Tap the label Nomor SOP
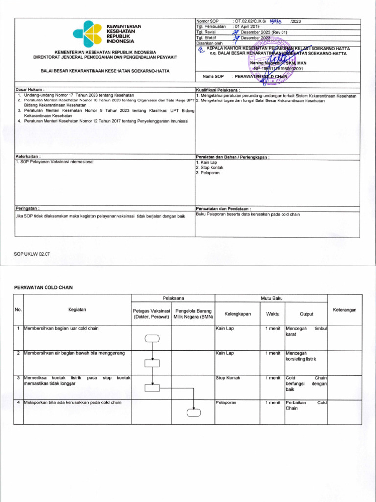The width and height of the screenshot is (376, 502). [207, 22]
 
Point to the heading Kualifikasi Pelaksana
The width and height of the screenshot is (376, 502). [218, 90]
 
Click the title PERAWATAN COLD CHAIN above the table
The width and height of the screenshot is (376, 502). [44, 287]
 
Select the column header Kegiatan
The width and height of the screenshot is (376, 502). [77, 309]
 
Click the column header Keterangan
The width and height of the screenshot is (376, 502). [345, 310]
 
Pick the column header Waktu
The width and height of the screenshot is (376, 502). [273, 314]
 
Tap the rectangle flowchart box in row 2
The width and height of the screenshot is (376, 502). [152, 363]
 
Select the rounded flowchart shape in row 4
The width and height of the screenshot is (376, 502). [193, 413]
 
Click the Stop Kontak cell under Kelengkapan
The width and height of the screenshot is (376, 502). [228, 378]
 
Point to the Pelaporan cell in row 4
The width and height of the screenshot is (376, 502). [226, 402]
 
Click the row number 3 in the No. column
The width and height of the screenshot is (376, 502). [18, 378]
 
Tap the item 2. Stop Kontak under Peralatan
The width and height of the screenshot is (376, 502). [210, 167]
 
